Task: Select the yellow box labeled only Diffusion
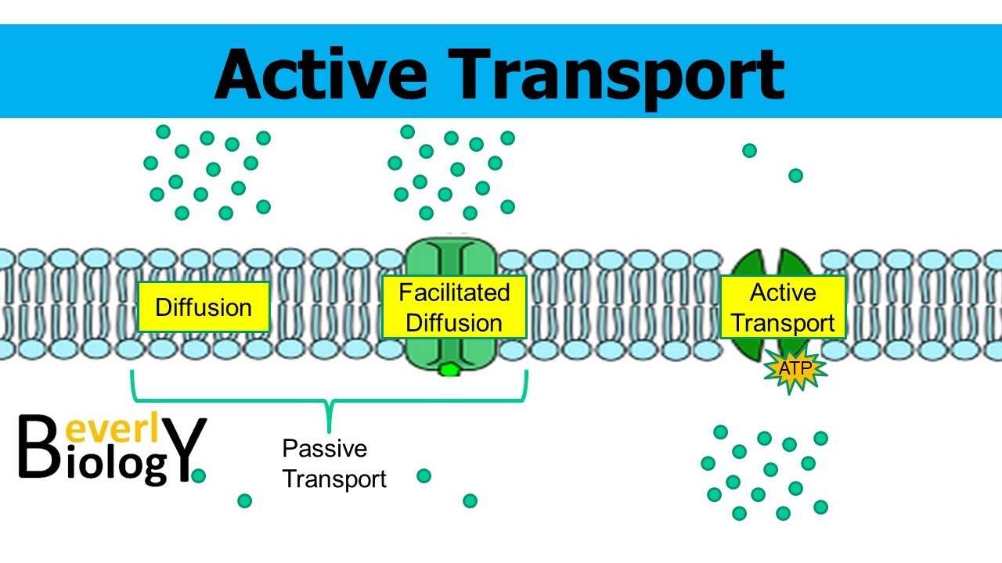[x=204, y=307]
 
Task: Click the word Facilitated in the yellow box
[x=454, y=292]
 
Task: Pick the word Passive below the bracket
[x=324, y=449]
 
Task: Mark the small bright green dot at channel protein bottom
[x=449, y=370]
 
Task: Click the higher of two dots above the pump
[x=749, y=150]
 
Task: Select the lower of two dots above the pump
[x=795, y=175]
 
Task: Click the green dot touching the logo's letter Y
[x=199, y=475]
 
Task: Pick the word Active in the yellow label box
[x=783, y=292]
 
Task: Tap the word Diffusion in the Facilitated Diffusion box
[x=454, y=323]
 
